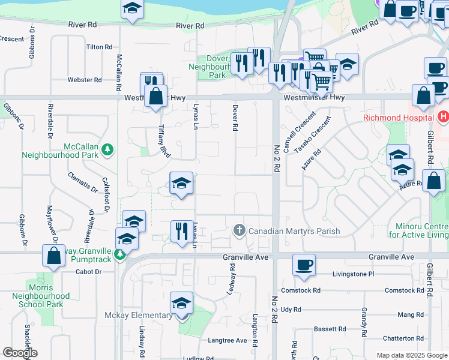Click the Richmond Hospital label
point(399,118)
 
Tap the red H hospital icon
point(443,116)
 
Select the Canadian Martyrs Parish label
point(294,231)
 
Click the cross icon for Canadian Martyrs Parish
point(239,230)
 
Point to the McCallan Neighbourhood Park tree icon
point(107,149)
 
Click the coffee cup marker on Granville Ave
point(304,264)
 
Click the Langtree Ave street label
point(227,340)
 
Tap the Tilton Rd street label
point(99,47)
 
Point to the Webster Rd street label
point(84,80)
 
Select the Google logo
point(19,353)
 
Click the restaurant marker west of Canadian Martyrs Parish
point(181,231)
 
